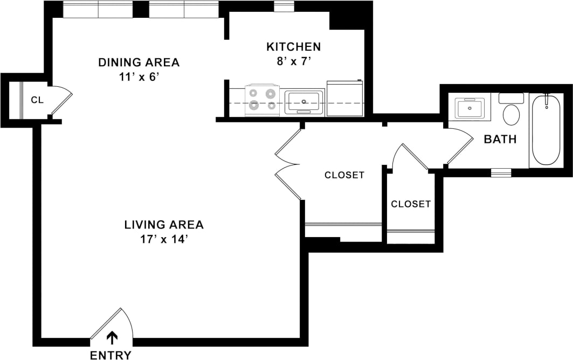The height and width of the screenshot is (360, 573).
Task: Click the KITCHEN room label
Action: coord(293,47)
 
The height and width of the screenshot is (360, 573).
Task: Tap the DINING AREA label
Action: coord(139,62)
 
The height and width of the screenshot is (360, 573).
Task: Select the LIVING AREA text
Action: coord(164,224)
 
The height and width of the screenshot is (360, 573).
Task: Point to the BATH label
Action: coord(500,140)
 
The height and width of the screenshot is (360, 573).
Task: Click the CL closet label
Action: coord(37,100)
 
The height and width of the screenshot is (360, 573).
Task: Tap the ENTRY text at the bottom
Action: coord(110,355)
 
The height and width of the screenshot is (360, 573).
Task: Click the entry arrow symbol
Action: coord(112,337)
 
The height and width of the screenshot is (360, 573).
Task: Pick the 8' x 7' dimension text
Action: coord(293,61)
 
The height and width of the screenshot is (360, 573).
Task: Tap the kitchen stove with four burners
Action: coord(263,100)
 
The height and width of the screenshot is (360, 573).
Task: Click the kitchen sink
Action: coord(304,101)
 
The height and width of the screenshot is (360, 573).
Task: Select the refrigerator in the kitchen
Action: coord(344,98)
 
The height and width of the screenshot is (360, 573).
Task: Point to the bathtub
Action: coord(546,130)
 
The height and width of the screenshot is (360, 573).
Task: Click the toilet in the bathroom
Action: coord(511,110)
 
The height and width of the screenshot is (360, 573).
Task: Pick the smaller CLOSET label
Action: coord(411,204)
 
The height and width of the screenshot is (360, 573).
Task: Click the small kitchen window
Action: coord(284,6)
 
